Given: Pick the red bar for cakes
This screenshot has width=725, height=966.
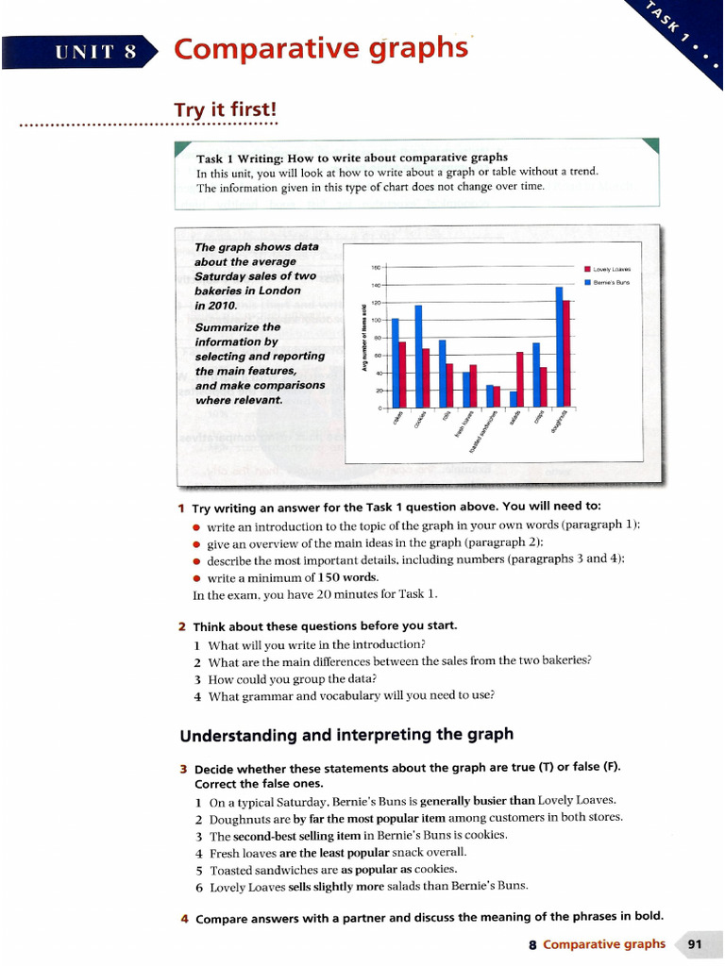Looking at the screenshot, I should [402, 374].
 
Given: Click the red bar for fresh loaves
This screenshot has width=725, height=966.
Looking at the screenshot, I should [473, 386].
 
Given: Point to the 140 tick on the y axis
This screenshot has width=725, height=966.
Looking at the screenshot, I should [375, 285].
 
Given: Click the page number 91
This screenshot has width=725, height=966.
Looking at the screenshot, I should [696, 944].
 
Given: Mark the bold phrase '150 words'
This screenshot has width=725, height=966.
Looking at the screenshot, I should [346, 577].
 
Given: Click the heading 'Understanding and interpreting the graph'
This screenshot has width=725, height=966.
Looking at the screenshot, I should [346, 734].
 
